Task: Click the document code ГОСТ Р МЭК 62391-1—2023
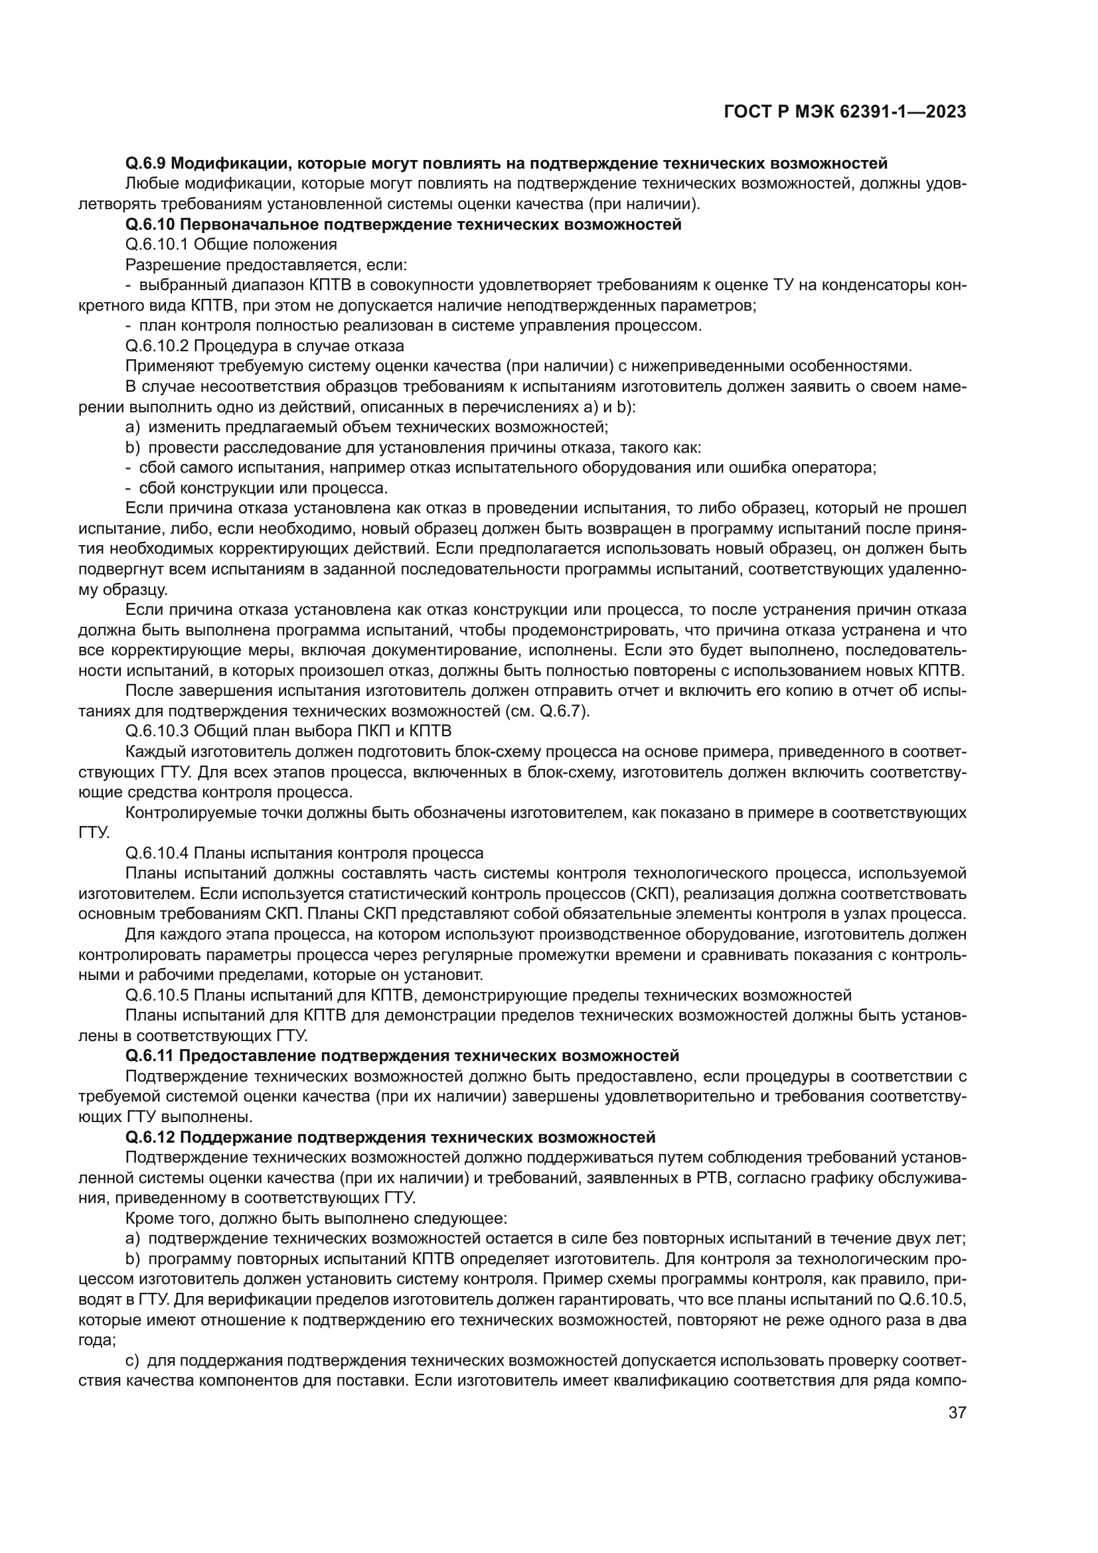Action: tap(844, 112)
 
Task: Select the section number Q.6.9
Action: tap(146, 163)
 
